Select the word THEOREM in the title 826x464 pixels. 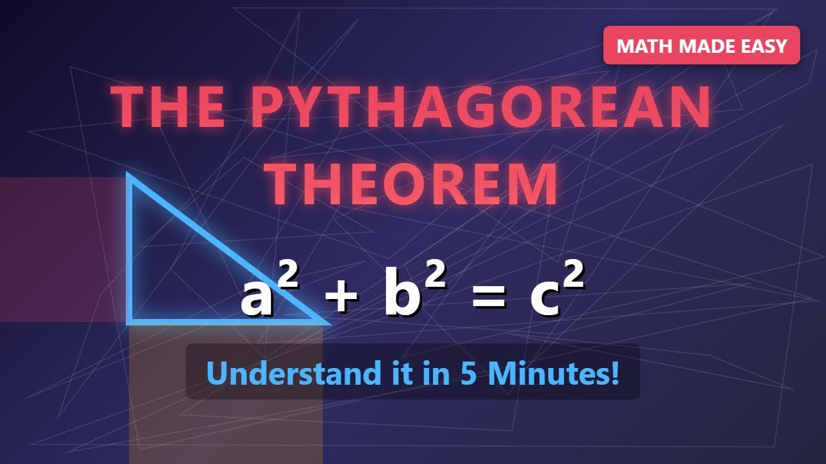tap(412, 184)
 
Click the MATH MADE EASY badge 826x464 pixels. tap(701, 46)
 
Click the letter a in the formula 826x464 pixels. tap(257, 299)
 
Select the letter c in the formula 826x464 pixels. tap(543, 299)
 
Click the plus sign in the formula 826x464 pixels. tap(341, 298)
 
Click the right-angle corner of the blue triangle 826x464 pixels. tap(131, 319)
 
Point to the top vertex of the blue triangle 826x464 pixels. tap(130, 177)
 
